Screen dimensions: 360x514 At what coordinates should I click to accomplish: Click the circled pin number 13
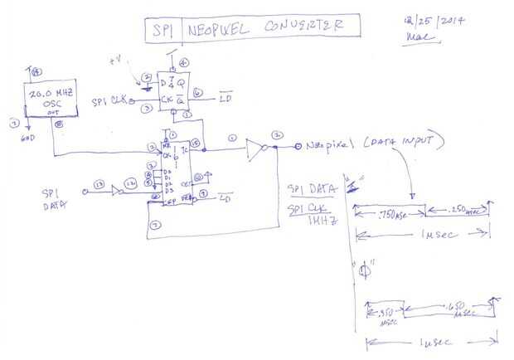point(99,184)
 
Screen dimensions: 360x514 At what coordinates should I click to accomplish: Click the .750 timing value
point(387,213)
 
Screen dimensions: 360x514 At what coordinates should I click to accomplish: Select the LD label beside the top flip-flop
point(225,101)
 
